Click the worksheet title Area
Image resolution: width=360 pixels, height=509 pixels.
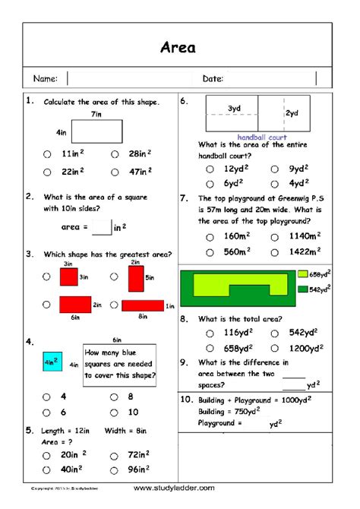[x=178, y=48]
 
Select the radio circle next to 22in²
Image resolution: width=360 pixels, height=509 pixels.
[x=48, y=172]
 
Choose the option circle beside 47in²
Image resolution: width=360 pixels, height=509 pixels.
[x=114, y=172]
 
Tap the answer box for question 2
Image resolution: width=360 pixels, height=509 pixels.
[x=102, y=226]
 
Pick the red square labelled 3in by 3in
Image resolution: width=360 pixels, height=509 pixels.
[x=69, y=277]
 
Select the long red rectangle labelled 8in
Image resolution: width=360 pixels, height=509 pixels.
[x=143, y=305]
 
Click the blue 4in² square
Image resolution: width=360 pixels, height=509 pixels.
[x=52, y=363]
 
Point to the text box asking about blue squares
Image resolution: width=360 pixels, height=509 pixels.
[x=119, y=364]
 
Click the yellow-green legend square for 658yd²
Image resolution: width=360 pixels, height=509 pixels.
[x=302, y=274]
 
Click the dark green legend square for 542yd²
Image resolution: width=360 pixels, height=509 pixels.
[x=302, y=289]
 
